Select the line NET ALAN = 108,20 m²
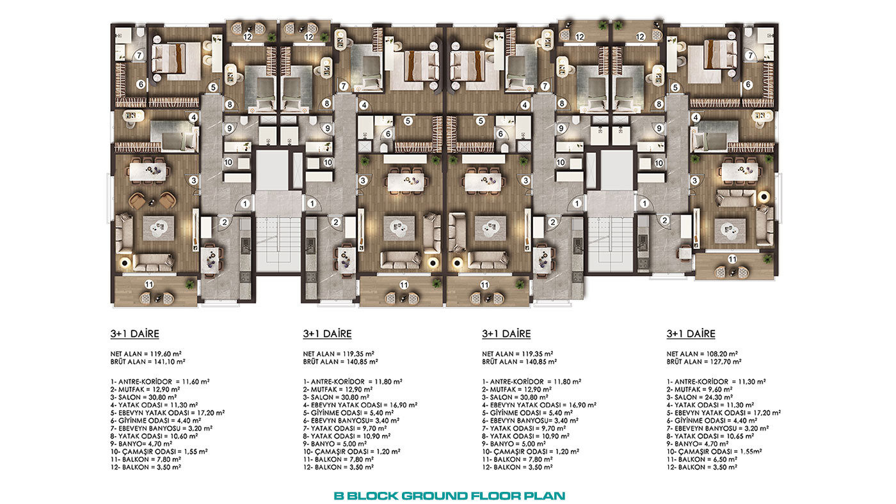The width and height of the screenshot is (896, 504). [702, 354]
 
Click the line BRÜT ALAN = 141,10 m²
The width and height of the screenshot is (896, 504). [148, 362]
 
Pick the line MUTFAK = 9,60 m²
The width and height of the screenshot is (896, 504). [700, 390]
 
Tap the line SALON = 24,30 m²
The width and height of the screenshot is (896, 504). [700, 397]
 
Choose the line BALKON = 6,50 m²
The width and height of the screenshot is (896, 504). [702, 459]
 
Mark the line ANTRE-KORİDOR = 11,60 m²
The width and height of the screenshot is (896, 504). [160, 382]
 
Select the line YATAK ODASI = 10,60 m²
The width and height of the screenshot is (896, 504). [154, 436]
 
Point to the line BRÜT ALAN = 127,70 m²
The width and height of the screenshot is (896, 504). [704, 362]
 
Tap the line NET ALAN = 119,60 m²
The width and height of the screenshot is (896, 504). [146, 354]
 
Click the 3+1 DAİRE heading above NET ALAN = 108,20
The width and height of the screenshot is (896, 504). [691, 334]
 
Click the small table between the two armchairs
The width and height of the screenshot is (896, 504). [151, 203]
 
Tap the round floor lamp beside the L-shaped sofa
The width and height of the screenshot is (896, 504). [764, 196]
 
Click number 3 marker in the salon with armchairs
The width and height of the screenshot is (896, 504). [194, 180]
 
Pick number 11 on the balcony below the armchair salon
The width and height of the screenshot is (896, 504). [148, 284]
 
